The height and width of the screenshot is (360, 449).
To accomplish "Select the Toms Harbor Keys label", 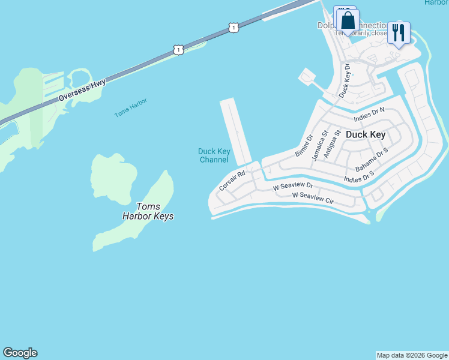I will click(x=147, y=211).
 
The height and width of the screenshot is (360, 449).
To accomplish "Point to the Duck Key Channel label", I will click(x=214, y=155).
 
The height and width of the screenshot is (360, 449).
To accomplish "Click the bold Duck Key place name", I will click(x=366, y=135).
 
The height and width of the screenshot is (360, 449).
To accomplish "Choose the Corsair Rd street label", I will click(x=233, y=181).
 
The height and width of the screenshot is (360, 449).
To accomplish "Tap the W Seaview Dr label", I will click(x=293, y=187).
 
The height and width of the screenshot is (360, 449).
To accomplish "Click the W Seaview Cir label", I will click(x=312, y=197).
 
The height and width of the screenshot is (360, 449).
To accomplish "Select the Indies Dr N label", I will click(x=369, y=114).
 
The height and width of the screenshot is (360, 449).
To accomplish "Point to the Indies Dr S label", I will click(x=359, y=176).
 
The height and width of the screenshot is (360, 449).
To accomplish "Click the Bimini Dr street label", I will click(x=304, y=146).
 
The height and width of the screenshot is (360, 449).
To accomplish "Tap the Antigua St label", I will click(x=332, y=144).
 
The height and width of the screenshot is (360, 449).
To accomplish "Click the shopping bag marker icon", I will click(x=348, y=21).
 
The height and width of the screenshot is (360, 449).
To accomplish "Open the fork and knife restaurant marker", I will click(x=398, y=32).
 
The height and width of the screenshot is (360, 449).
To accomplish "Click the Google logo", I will click(x=20, y=353).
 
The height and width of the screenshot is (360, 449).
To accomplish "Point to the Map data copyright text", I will click(x=412, y=355).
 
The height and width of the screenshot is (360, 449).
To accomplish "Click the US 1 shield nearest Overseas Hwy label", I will click(x=178, y=50).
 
